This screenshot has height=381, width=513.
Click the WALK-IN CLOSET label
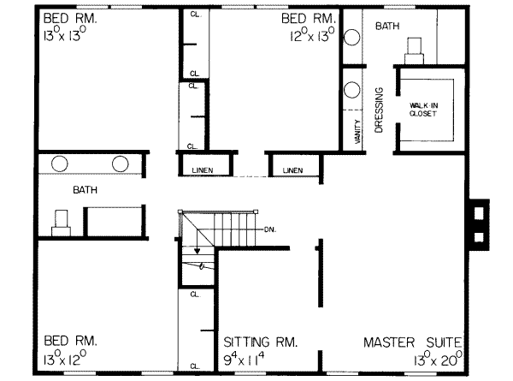click(423, 110)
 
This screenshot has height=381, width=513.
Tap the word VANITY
click(357, 131)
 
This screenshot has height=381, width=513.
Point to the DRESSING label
click(379, 110)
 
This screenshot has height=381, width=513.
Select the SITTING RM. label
click(261, 342)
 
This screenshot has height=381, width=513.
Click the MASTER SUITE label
click(413, 342)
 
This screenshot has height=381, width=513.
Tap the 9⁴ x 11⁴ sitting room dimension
click(244, 360)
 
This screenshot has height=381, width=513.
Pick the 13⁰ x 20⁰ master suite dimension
click(438, 360)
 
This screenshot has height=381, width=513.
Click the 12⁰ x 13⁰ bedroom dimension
click(312, 34)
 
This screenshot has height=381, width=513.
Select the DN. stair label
click(270, 229)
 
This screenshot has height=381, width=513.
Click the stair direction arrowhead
click(197, 251)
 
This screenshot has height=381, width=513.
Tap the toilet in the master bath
click(414, 51)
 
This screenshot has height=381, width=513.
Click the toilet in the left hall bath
click(61, 223)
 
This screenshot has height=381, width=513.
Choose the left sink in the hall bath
click(60, 164)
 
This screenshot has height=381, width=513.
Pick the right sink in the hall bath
click(120, 164)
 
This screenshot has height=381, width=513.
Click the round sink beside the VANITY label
click(352, 89)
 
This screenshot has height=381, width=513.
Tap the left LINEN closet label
click(203, 170)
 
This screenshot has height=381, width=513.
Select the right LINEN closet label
click(292, 170)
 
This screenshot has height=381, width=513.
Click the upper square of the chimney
click(479, 213)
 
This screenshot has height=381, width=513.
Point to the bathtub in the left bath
click(115, 221)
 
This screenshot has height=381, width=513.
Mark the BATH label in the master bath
click(387, 26)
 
